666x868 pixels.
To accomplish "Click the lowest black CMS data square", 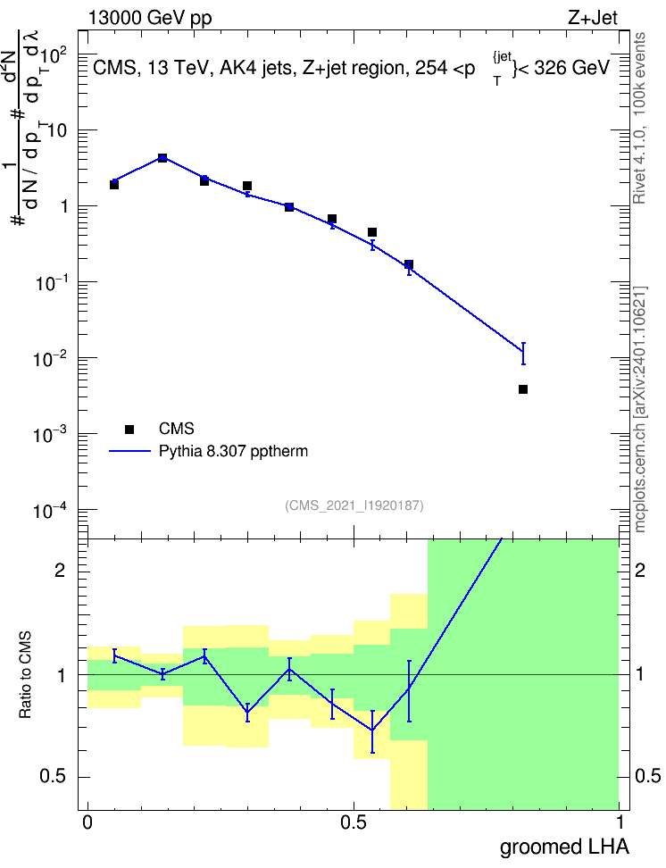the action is [523, 389].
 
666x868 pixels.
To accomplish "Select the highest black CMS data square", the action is [162, 158].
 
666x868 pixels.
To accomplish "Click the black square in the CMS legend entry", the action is [129, 429].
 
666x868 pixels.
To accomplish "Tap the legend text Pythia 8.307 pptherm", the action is [233, 451].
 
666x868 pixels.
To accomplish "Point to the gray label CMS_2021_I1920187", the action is [354, 505].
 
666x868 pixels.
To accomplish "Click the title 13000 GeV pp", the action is [150, 18].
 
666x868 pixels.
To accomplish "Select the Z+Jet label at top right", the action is [593, 18].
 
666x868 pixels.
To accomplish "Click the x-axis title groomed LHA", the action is [564, 847].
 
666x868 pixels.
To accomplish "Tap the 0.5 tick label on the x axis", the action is [354, 822].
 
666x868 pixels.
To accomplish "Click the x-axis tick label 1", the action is [620, 822].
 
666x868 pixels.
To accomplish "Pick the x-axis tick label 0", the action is [87, 822].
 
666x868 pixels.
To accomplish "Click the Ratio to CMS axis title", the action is [25, 675].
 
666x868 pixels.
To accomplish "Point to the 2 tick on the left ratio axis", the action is [60, 571].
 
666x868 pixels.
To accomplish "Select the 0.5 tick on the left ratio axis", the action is [53, 777].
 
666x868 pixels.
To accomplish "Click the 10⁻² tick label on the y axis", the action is [51, 358].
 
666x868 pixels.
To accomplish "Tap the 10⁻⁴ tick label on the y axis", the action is [51, 510].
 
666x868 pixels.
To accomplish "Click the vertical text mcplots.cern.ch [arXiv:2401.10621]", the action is [640, 410].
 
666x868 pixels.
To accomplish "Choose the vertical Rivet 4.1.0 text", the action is [639, 167].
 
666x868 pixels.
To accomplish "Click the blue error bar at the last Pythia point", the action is [523, 354].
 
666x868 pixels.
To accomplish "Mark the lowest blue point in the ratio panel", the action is [372, 730].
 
